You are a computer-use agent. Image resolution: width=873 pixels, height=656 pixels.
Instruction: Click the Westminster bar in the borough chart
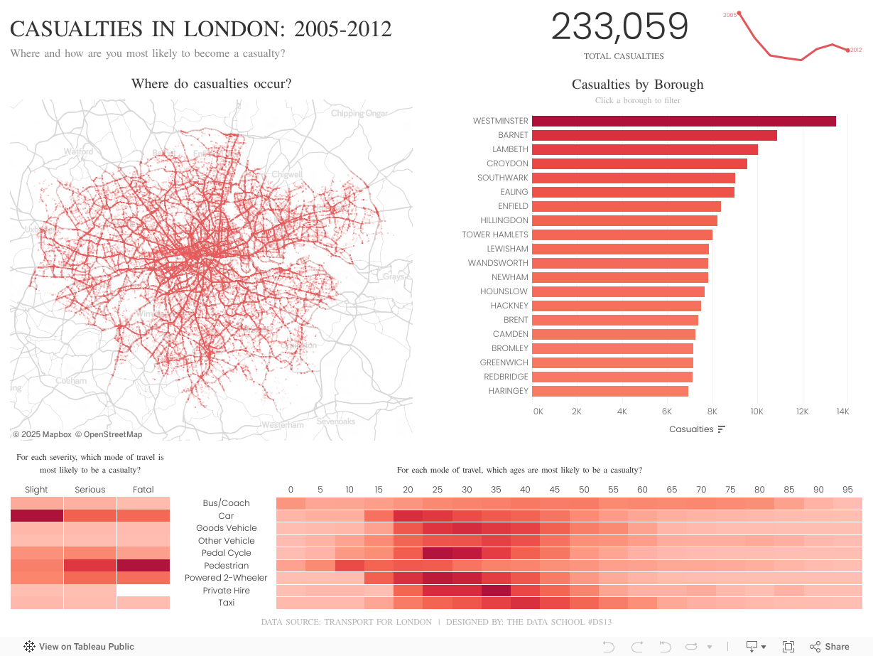[683, 121]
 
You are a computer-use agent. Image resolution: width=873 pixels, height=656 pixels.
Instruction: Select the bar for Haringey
[609, 391]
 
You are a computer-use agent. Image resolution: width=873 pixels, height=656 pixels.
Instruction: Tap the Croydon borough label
[507, 163]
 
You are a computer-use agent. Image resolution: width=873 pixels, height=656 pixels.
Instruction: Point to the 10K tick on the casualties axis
[757, 412]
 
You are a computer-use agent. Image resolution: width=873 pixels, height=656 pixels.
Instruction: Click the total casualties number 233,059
[619, 27]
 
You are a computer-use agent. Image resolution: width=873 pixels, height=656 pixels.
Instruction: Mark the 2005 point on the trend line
[739, 13]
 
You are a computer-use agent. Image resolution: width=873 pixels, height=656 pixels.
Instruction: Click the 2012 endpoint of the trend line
[847, 50]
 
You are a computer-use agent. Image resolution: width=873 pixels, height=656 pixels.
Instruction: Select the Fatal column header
[143, 490]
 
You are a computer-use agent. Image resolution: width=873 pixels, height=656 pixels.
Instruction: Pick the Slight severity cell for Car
[37, 516]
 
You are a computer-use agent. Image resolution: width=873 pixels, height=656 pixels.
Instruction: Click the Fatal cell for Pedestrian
[143, 566]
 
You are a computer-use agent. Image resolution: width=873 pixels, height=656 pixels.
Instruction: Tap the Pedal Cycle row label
[226, 553]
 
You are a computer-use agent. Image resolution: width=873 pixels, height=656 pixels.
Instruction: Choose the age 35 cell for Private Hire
[496, 591]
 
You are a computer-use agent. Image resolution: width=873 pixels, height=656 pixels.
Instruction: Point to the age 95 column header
[847, 490]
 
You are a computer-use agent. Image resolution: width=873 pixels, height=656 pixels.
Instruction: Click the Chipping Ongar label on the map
[359, 114]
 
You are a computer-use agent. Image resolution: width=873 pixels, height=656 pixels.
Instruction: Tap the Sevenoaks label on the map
[335, 421]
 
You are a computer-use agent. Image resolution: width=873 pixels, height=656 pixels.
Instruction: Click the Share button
[830, 647]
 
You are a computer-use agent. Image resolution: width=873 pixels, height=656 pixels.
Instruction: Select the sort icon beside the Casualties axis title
[722, 429]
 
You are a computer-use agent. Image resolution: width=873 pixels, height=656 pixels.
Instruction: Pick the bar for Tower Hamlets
[622, 235]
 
